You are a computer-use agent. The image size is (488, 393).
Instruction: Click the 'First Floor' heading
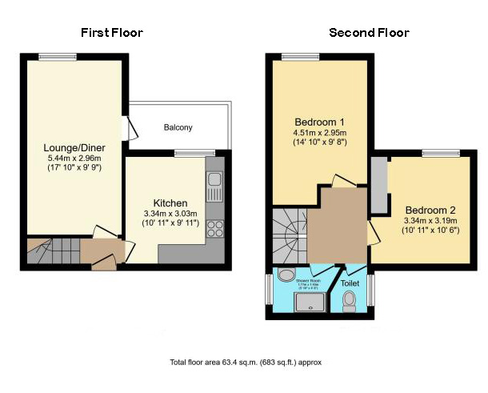[112, 33]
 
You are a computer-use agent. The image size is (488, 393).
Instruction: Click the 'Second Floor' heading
[369, 33]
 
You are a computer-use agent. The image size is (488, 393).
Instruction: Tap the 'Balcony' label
[178, 127]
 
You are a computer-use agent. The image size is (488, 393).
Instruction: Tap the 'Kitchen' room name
[170, 203]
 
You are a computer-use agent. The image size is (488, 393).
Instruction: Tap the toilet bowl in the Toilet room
[349, 301]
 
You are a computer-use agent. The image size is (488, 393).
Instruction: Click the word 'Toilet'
[350, 283]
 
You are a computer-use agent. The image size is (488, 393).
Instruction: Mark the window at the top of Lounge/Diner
[58, 55]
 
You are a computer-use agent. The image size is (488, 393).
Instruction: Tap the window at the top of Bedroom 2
[439, 153]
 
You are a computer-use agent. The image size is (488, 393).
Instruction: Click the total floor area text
[246, 362]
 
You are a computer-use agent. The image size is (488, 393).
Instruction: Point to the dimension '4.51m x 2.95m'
[314, 134]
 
